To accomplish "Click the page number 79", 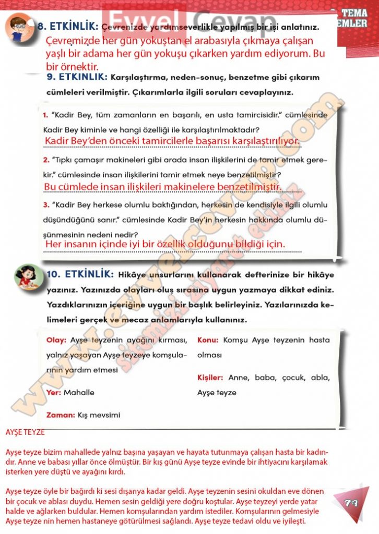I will (350, 503).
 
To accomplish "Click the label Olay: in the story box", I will (56, 340).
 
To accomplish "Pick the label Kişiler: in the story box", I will (210, 377).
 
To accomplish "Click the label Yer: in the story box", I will (54, 392).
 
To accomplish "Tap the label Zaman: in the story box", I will (60, 415).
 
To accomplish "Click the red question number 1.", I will (46, 115).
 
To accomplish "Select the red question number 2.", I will (46, 160).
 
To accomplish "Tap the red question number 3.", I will (46, 205).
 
